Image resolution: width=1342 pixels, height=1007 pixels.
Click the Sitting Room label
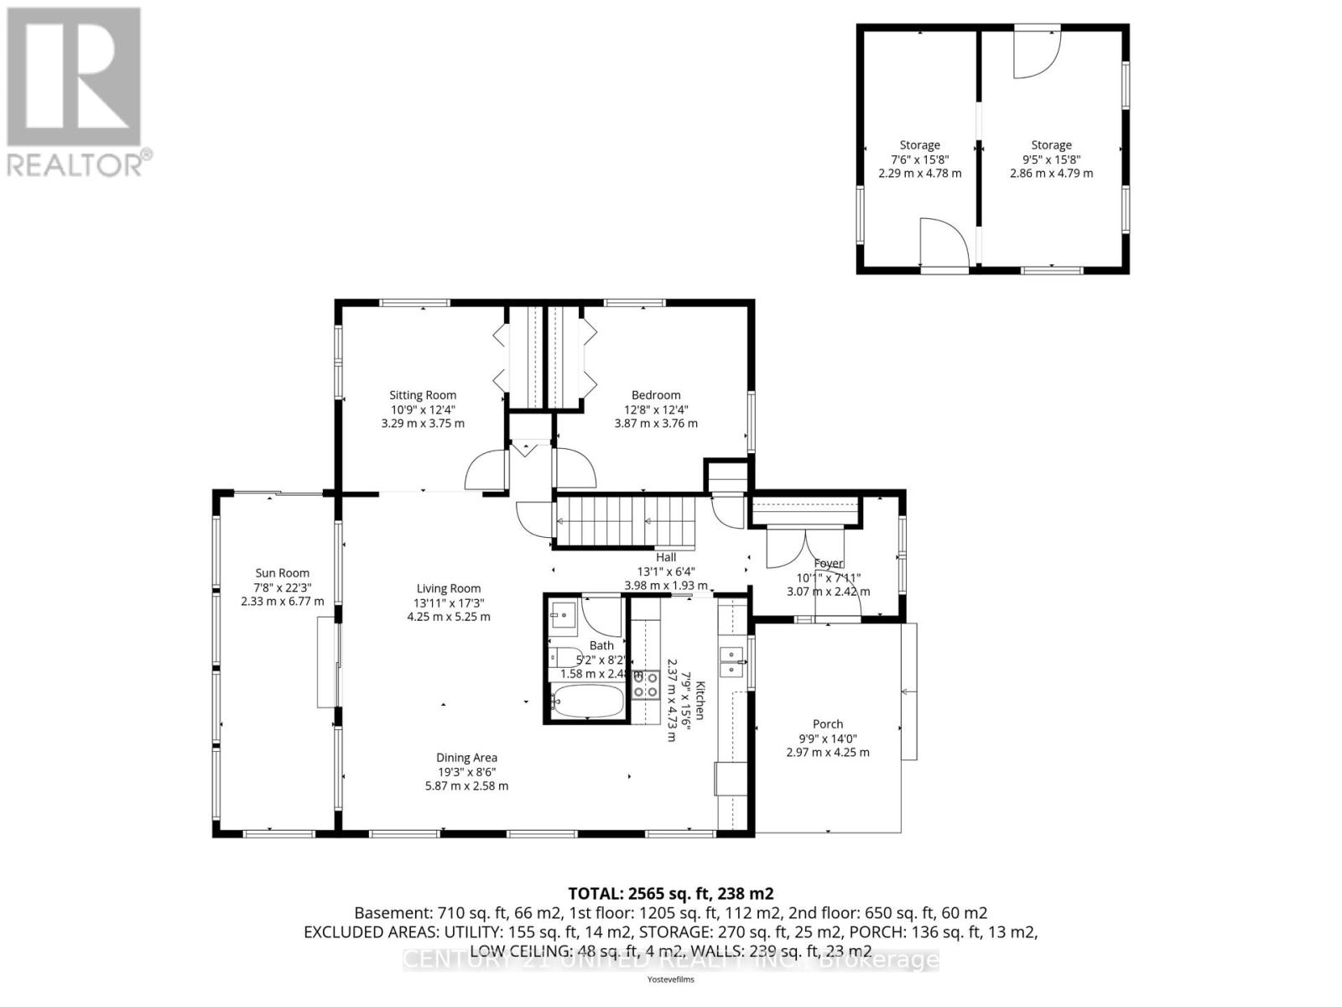tap(423, 395)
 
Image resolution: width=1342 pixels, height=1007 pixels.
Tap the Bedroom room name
tap(656, 395)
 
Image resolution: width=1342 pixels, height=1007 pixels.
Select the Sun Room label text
tap(282, 573)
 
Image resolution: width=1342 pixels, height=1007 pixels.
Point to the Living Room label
tap(449, 588)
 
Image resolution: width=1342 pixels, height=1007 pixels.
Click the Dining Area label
tap(466, 758)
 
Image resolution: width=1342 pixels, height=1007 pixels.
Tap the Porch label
tap(828, 724)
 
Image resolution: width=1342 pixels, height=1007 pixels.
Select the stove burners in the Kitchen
tap(645, 684)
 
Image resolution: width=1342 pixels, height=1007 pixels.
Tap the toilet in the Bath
tap(564, 658)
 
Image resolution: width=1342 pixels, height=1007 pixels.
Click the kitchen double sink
tap(734, 661)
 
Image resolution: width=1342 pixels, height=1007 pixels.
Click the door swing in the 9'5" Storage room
tap(1035, 54)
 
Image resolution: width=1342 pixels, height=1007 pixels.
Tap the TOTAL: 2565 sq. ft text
tap(670, 894)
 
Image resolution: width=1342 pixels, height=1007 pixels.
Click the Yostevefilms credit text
tap(670, 979)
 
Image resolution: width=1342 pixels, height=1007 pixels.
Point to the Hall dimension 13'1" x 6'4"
tap(666, 571)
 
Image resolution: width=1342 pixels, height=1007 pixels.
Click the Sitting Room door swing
tap(485, 472)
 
